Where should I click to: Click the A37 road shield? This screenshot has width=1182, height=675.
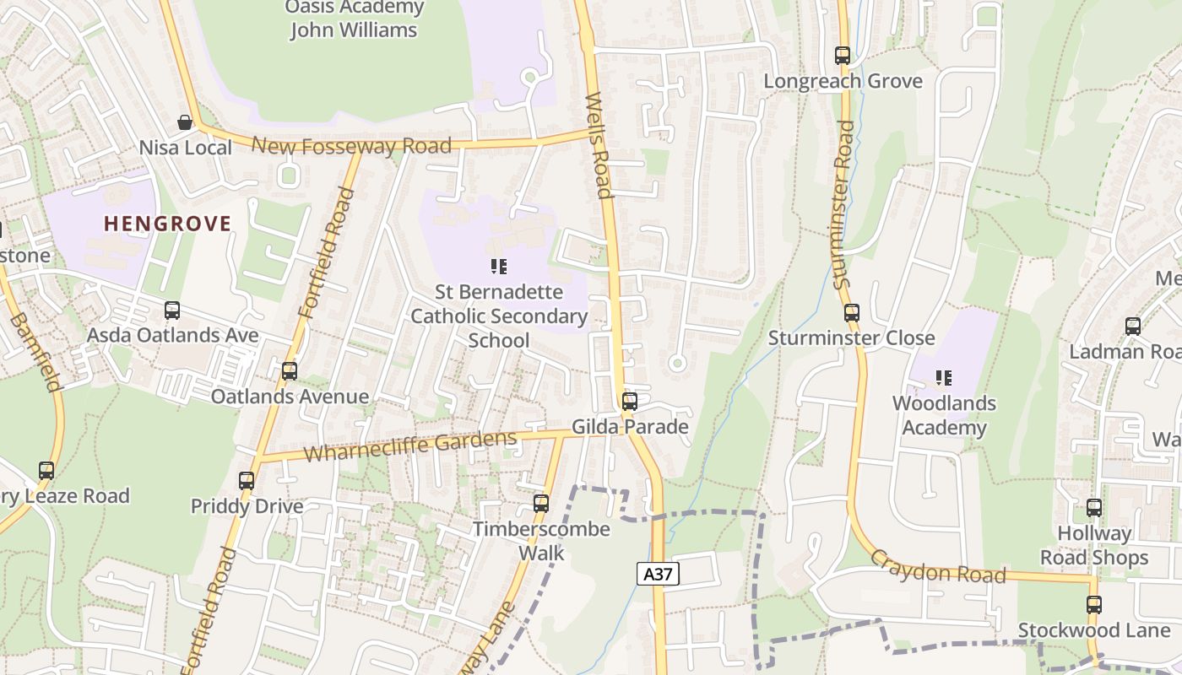coord(657,575)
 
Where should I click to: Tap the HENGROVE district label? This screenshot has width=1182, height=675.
coord(167,224)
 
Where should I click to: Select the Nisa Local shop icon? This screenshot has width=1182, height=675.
coord(185,123)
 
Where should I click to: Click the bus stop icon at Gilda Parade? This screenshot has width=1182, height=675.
coord(629,402)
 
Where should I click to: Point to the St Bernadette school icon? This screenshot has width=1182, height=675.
coord(499,267)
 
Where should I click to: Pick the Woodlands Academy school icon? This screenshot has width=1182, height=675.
coord(944,378)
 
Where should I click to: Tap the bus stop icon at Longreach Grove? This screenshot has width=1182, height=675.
coord(843,56)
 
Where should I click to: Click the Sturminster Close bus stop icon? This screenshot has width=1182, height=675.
coord(852,313)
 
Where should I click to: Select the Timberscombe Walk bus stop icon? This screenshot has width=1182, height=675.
coord(541,504)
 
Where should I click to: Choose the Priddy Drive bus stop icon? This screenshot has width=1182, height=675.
coord(247,481)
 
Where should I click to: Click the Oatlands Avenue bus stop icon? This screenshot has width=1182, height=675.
coord(290,371)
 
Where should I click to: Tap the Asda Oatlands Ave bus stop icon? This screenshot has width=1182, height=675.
coord(172,310)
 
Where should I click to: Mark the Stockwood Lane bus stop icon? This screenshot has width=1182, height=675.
coord(1094,605)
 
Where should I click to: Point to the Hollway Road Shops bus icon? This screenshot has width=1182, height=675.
coord(1094,508)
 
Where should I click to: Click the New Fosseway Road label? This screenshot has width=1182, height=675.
coord(352,146)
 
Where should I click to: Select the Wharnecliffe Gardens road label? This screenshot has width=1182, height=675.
coord(410,445)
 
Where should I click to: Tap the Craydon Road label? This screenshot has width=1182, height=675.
coord(937,567)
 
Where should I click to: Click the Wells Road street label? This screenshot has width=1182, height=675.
coord(599,145)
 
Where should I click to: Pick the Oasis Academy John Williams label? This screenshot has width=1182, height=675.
coord(354,19)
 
